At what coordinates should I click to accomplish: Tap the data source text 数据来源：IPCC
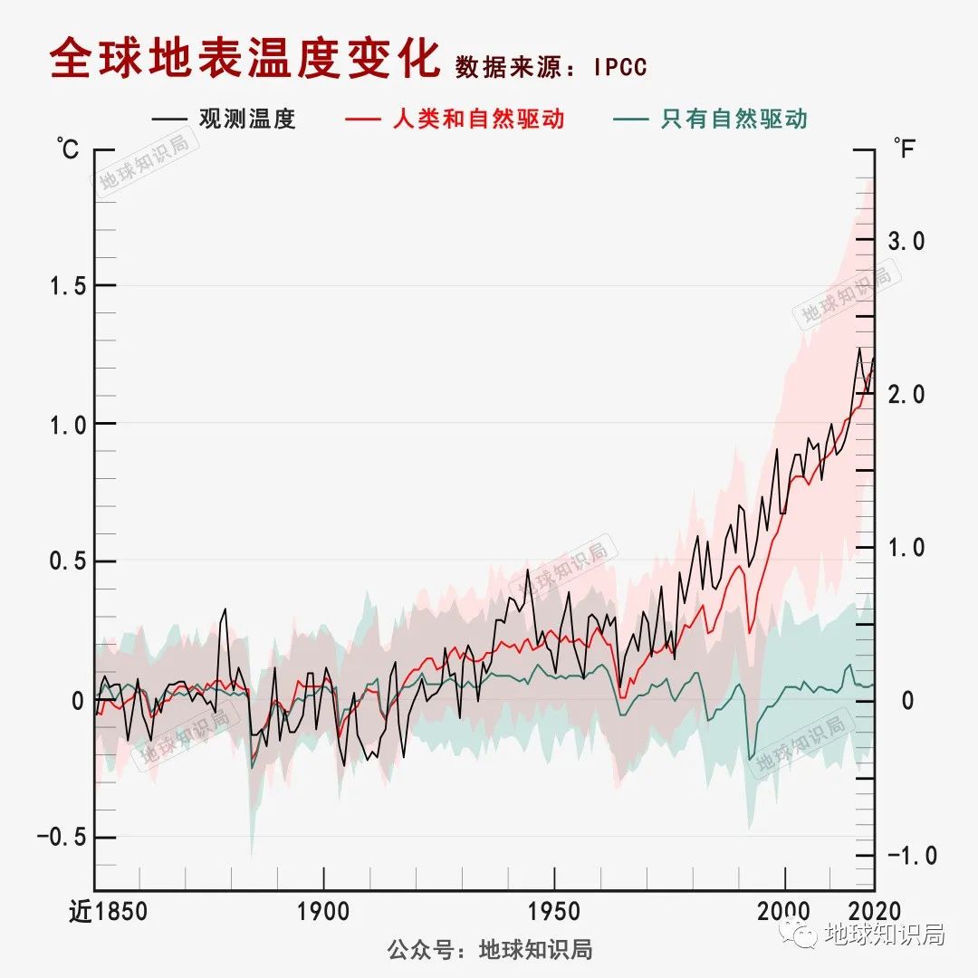click(x=551, y=67)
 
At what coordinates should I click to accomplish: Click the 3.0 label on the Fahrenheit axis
click(x=906, y=241)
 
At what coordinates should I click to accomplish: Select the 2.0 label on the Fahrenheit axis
click(x=906, y=395)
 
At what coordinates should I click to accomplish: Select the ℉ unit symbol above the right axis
click(x=905, y=148)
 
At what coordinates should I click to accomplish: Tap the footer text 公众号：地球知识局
click(x=490, y=950)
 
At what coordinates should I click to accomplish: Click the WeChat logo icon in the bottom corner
click(x=801, y=933)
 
